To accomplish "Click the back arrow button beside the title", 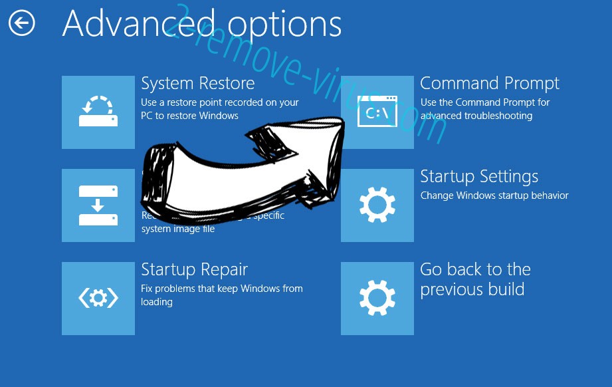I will coord(22,24).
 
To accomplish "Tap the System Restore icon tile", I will coord(98,112).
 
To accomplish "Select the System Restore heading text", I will coord(198,84).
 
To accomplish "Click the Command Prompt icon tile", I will coord(377,112).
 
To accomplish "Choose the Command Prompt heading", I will coord(490,84).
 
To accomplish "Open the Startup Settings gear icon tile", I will coord(377,205).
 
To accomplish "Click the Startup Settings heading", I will coord(479,177).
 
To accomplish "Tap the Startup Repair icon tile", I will coord(98,299).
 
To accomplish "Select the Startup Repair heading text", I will coord(195,270).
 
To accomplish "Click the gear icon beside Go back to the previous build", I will coord(377,299).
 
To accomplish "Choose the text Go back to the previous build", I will coord(475,280).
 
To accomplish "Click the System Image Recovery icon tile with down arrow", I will coord(98,205).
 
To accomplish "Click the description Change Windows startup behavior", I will coord(494,196).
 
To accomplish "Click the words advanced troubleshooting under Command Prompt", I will coord(468,116).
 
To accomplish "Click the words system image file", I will coord(178,229).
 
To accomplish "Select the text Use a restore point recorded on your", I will coord(220,103).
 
